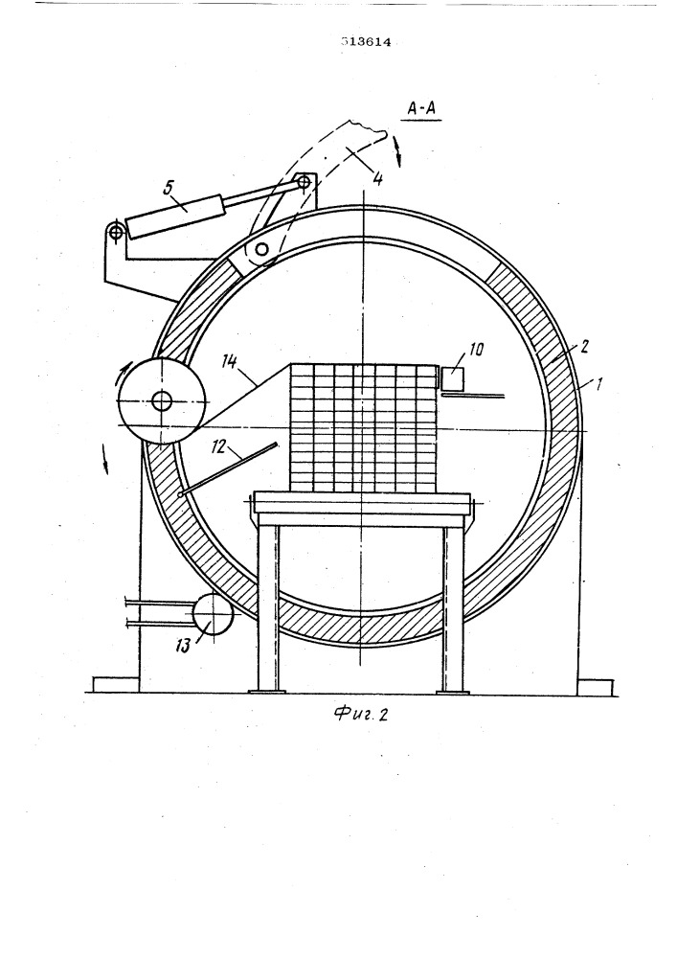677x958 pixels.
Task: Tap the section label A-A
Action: (x=423, y=110)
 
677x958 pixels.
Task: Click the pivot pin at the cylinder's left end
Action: (x=115, y=231)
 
